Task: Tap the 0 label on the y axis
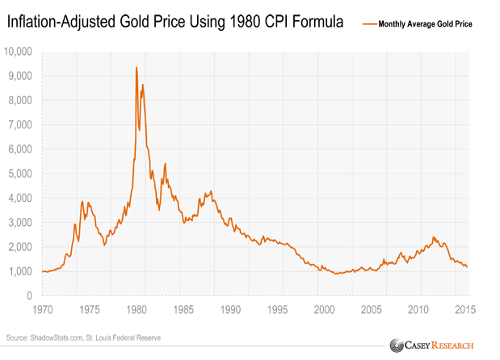click(29, 296)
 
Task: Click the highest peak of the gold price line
click(136, 68)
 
